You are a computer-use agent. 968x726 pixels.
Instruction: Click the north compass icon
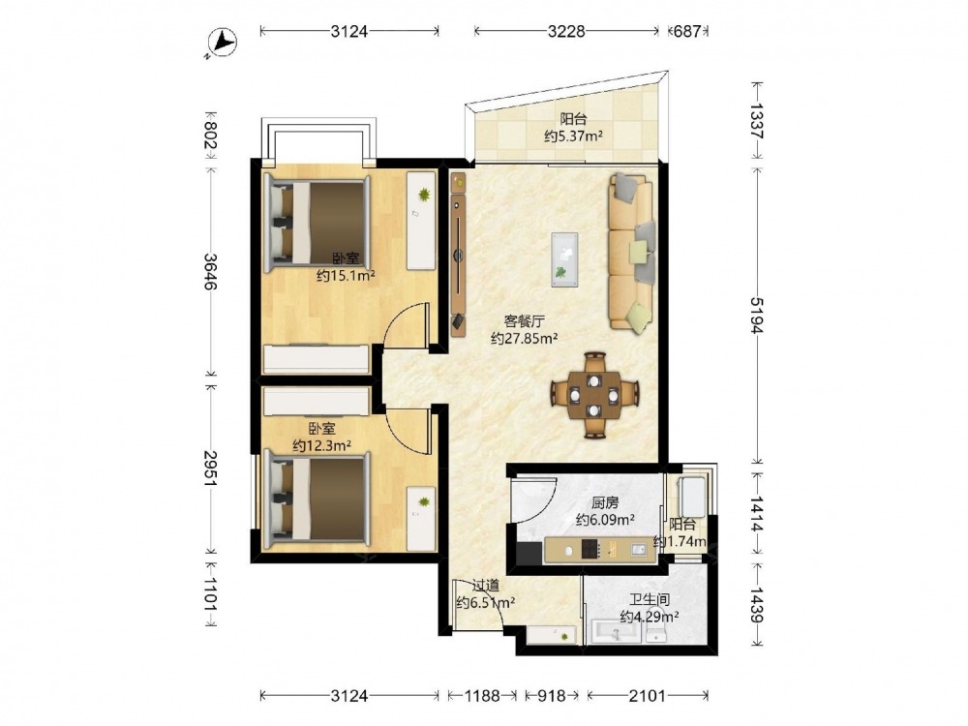click(222, 44)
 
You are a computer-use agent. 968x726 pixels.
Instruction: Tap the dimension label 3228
click(566, 31)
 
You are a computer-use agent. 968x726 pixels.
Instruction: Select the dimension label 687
click(687, 31)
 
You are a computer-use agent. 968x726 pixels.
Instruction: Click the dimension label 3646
click(210, 272)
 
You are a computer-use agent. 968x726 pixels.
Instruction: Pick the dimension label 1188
click(482, 696)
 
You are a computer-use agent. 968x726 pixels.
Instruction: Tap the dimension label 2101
click(648, 696)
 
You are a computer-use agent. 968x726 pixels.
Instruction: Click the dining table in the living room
click(594, 395)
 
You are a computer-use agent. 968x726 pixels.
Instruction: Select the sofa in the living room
click(631, 251)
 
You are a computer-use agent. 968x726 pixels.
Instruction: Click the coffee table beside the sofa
click(564, 259)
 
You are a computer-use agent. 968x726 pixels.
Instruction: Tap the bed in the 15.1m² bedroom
click(318, 224)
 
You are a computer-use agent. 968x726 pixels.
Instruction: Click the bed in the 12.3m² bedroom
click(318, 500)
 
